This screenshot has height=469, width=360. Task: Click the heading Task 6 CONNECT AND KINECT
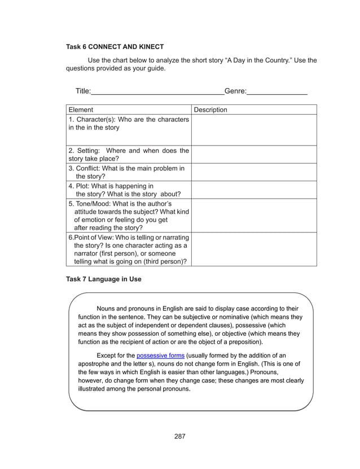(115, 46)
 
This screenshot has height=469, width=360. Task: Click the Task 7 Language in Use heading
(104, 279)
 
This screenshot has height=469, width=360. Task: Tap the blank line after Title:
(157, 91)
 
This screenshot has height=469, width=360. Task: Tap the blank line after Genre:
(276, 91)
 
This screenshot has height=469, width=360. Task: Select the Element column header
(81, 109)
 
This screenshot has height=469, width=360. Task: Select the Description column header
(210, 109)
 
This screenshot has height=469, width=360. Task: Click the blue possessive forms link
(160, 355)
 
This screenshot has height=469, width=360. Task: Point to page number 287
(180, 436)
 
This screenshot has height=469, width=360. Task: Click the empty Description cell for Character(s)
(254, 130)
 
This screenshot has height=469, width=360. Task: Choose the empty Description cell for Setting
(254, 154)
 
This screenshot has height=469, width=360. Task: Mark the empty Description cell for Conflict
(254, 172)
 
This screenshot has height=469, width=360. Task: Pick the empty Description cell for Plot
(254, 190)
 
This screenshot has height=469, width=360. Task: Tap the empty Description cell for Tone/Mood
(254, 215)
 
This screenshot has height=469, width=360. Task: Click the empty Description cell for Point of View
(254, 249)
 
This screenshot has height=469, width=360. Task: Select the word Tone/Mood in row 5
(95, 203)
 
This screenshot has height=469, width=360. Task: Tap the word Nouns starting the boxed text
(107, 308)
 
